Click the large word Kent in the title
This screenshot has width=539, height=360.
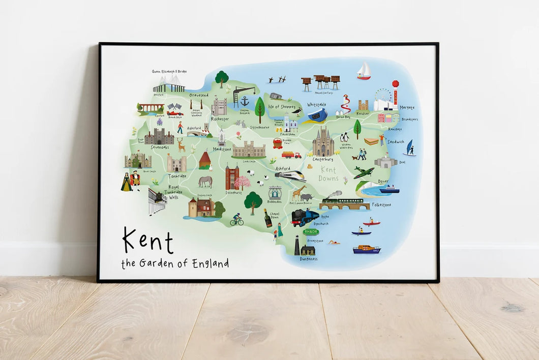(x=148, y=241)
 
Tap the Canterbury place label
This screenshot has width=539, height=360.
(x=323, y=159)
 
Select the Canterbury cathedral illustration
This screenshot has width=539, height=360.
(x=323, y=142)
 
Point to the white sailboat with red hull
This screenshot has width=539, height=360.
(x=363, y=71)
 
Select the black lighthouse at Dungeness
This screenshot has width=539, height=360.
(x=297, y=246)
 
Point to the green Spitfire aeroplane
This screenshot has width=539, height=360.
(x=364, y=172)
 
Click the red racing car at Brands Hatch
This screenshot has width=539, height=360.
(x=174, y=112)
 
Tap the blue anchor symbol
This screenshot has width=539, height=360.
(x=245, y=101)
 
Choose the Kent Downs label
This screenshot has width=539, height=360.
(x=328, y=174)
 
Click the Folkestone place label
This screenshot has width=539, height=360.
(x=381, y=204)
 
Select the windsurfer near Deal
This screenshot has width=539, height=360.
(x=409, y=148)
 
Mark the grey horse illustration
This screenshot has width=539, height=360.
(x=205, y=182)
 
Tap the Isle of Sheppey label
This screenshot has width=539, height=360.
(x=281, y=106)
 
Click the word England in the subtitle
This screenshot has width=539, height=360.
(x=210, y=263)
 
